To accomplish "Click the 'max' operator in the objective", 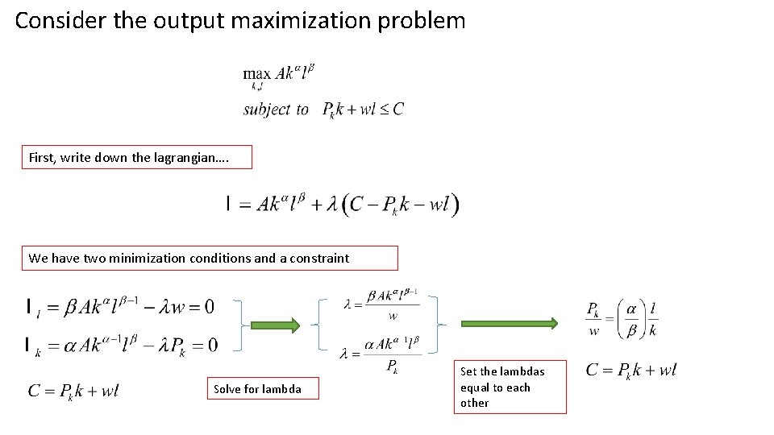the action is click(x=257, y=73).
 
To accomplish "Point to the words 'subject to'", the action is click(x=276, y=109).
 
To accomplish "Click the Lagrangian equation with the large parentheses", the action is click(x=343, y=205).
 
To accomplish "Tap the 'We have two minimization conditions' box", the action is click(x=210, y=258).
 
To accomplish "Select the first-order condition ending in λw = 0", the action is click(x=121, y=306).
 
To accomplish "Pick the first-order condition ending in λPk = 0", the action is click(x=122, y=345).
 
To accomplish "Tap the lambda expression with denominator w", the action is click(x=381, y=304).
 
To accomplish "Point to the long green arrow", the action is click(x=508, y=324).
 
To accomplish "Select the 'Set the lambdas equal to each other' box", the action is click(x=511, y=387).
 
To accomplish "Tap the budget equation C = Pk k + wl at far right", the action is click(x=631, y=371).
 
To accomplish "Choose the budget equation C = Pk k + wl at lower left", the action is click(x=74, y=391).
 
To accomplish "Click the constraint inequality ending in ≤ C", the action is click(x=362, y=110).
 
